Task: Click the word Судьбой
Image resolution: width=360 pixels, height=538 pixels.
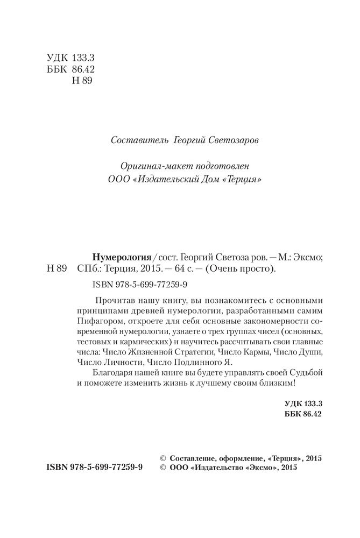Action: [306, 375]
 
